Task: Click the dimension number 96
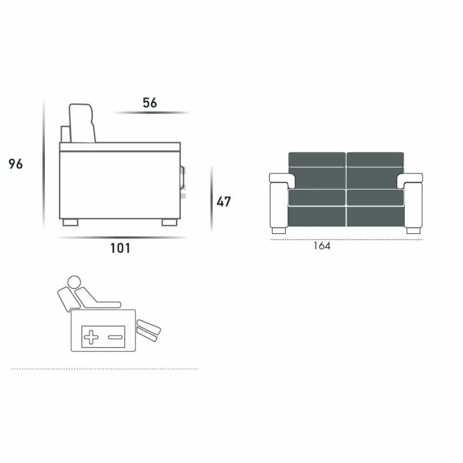(15, 164)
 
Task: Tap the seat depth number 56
(150, 103)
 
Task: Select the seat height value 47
(224, 202)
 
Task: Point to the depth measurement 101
(120, 248)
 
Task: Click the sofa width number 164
(322, 246)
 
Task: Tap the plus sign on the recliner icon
(91, 337)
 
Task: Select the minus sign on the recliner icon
(115, 337)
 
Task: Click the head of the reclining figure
(74, 282)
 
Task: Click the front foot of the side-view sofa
(169, 222)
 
